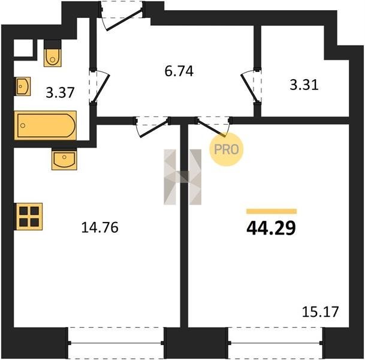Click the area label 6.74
(x=179, y=71)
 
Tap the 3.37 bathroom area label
(x=60, y=92)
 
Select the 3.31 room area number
(x=304, y=85)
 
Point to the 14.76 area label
(x=99, y=227)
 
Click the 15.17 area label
(x=320, y=312)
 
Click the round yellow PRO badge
(x=227, y=149)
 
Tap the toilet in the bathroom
(x=53, y=53)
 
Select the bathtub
(x=46, y=125)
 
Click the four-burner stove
(x=29, y=217)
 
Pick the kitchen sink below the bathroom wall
(x=64, y=159)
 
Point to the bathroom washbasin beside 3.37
(x=23, y=86)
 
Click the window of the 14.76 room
(x=116, y=343)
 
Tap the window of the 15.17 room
(x=276, y=343)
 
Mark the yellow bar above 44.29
(x=272, y=211)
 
